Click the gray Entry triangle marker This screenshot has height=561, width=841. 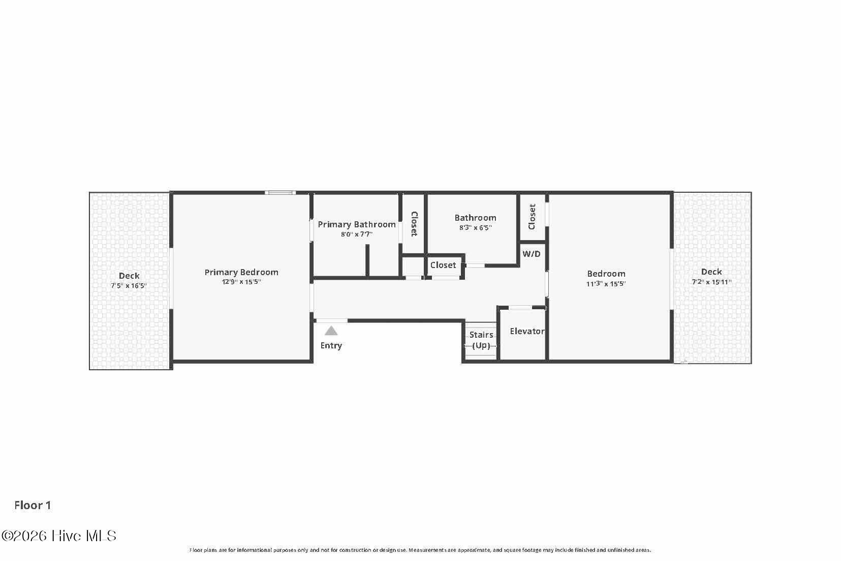pyautogui.click(x=331, y=331)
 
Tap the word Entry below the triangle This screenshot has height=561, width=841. pyautogui.click(x=331, y=346)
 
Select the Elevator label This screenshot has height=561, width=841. pyautogui.click(x=527, y=331)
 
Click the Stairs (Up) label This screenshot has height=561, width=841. pyautogui.click(x=481, y=340)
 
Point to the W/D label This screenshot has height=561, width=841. pyautogui.click(x=532, y=254)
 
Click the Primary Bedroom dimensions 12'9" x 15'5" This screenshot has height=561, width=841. pyautogui.click(x=241, y=282)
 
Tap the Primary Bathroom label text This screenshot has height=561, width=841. pyautogui.click(x=357, y=225)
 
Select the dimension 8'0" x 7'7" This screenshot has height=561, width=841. pyautogui.click(x=357, y=234)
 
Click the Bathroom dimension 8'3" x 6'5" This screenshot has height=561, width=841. pyautogui.click(x=475, y=228)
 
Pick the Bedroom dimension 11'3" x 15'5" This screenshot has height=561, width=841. pyautogui.click(x=606, y=284)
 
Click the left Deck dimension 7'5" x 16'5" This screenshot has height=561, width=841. pyautogui.click(x=129, y=285)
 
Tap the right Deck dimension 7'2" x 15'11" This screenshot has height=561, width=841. pyautogui.click(x=711, y=282)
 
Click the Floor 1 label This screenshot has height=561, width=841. pyautogui.click(x=33, y=506)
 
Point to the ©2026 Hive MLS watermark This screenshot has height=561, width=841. pyautogui.click(x=59, y=536)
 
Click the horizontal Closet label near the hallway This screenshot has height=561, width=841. pyautogui.click(x=443, y=265)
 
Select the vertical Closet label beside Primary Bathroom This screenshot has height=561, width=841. pyautogui.click(x=414, y=224)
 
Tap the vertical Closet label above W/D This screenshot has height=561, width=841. pyautogui.click(x=532, y=217)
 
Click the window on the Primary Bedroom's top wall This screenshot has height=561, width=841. pyautogui.click(x=280, y=193)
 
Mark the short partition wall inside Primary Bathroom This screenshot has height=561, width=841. pyautogui.click(x=367, y=260)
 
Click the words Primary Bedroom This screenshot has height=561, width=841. pyautogui.click(x=241, y=273)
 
